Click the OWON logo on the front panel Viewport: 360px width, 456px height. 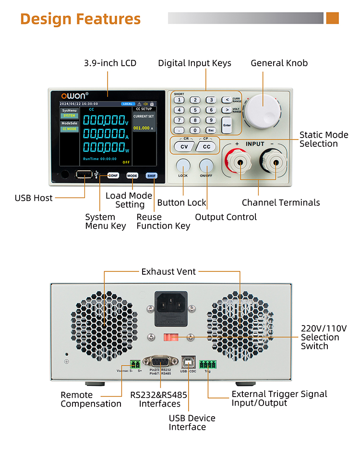tap(75, 95)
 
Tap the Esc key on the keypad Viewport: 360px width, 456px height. tap(210, 130)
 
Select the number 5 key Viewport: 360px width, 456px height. tap(194, 110)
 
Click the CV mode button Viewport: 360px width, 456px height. tap(183, 147)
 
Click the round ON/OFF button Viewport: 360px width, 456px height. tap(206, 165)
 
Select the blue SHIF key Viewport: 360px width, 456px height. tap(151, 175)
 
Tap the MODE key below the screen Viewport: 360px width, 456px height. tap(132, 175)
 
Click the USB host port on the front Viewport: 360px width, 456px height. tap(84, 175)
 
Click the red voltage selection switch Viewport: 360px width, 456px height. tap(171, 337)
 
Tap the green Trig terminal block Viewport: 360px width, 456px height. tap(208, 363)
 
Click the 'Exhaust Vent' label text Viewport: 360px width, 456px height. tap(168, 272)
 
